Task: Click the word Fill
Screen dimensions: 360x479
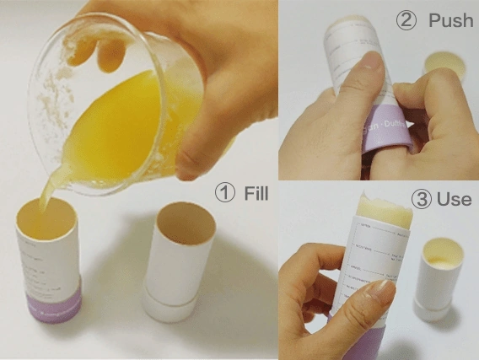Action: click(255, 194)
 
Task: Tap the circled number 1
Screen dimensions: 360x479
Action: click(225, 194)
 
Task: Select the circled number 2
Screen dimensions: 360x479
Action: click(406, 19)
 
